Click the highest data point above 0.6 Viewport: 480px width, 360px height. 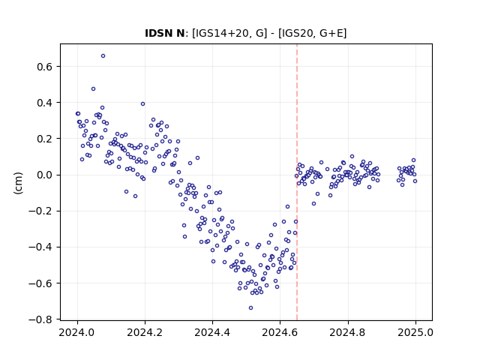click(103, 55)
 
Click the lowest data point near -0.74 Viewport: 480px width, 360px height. click(250, 307)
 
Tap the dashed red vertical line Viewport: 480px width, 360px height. click(297, 182)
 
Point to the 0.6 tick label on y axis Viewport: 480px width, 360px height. click(44, 67)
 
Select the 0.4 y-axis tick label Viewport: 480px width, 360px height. click(44, 103)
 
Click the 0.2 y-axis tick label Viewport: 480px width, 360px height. click(44, 139)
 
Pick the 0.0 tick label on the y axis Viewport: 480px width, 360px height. click(44, 175)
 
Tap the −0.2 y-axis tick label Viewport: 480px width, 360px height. click(40, 211)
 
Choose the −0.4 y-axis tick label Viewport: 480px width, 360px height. click(40, 247)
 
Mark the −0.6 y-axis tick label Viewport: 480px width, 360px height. click(40, 283)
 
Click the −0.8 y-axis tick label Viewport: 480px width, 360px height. click(40, 319)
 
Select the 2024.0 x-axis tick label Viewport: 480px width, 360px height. click(77, 332)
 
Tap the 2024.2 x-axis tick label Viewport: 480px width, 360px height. click(145, 332)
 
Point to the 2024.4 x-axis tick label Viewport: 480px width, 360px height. click(212, 332)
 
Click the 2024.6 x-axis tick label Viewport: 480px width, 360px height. click(280, 332)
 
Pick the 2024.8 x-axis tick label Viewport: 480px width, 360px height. click(348, 332)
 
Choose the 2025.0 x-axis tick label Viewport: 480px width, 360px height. click(415, 332)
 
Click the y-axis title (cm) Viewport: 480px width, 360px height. click(18, 183)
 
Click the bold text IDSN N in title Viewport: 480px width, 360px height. click(165, 33)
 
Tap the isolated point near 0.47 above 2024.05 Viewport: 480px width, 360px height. click(93, 88)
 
